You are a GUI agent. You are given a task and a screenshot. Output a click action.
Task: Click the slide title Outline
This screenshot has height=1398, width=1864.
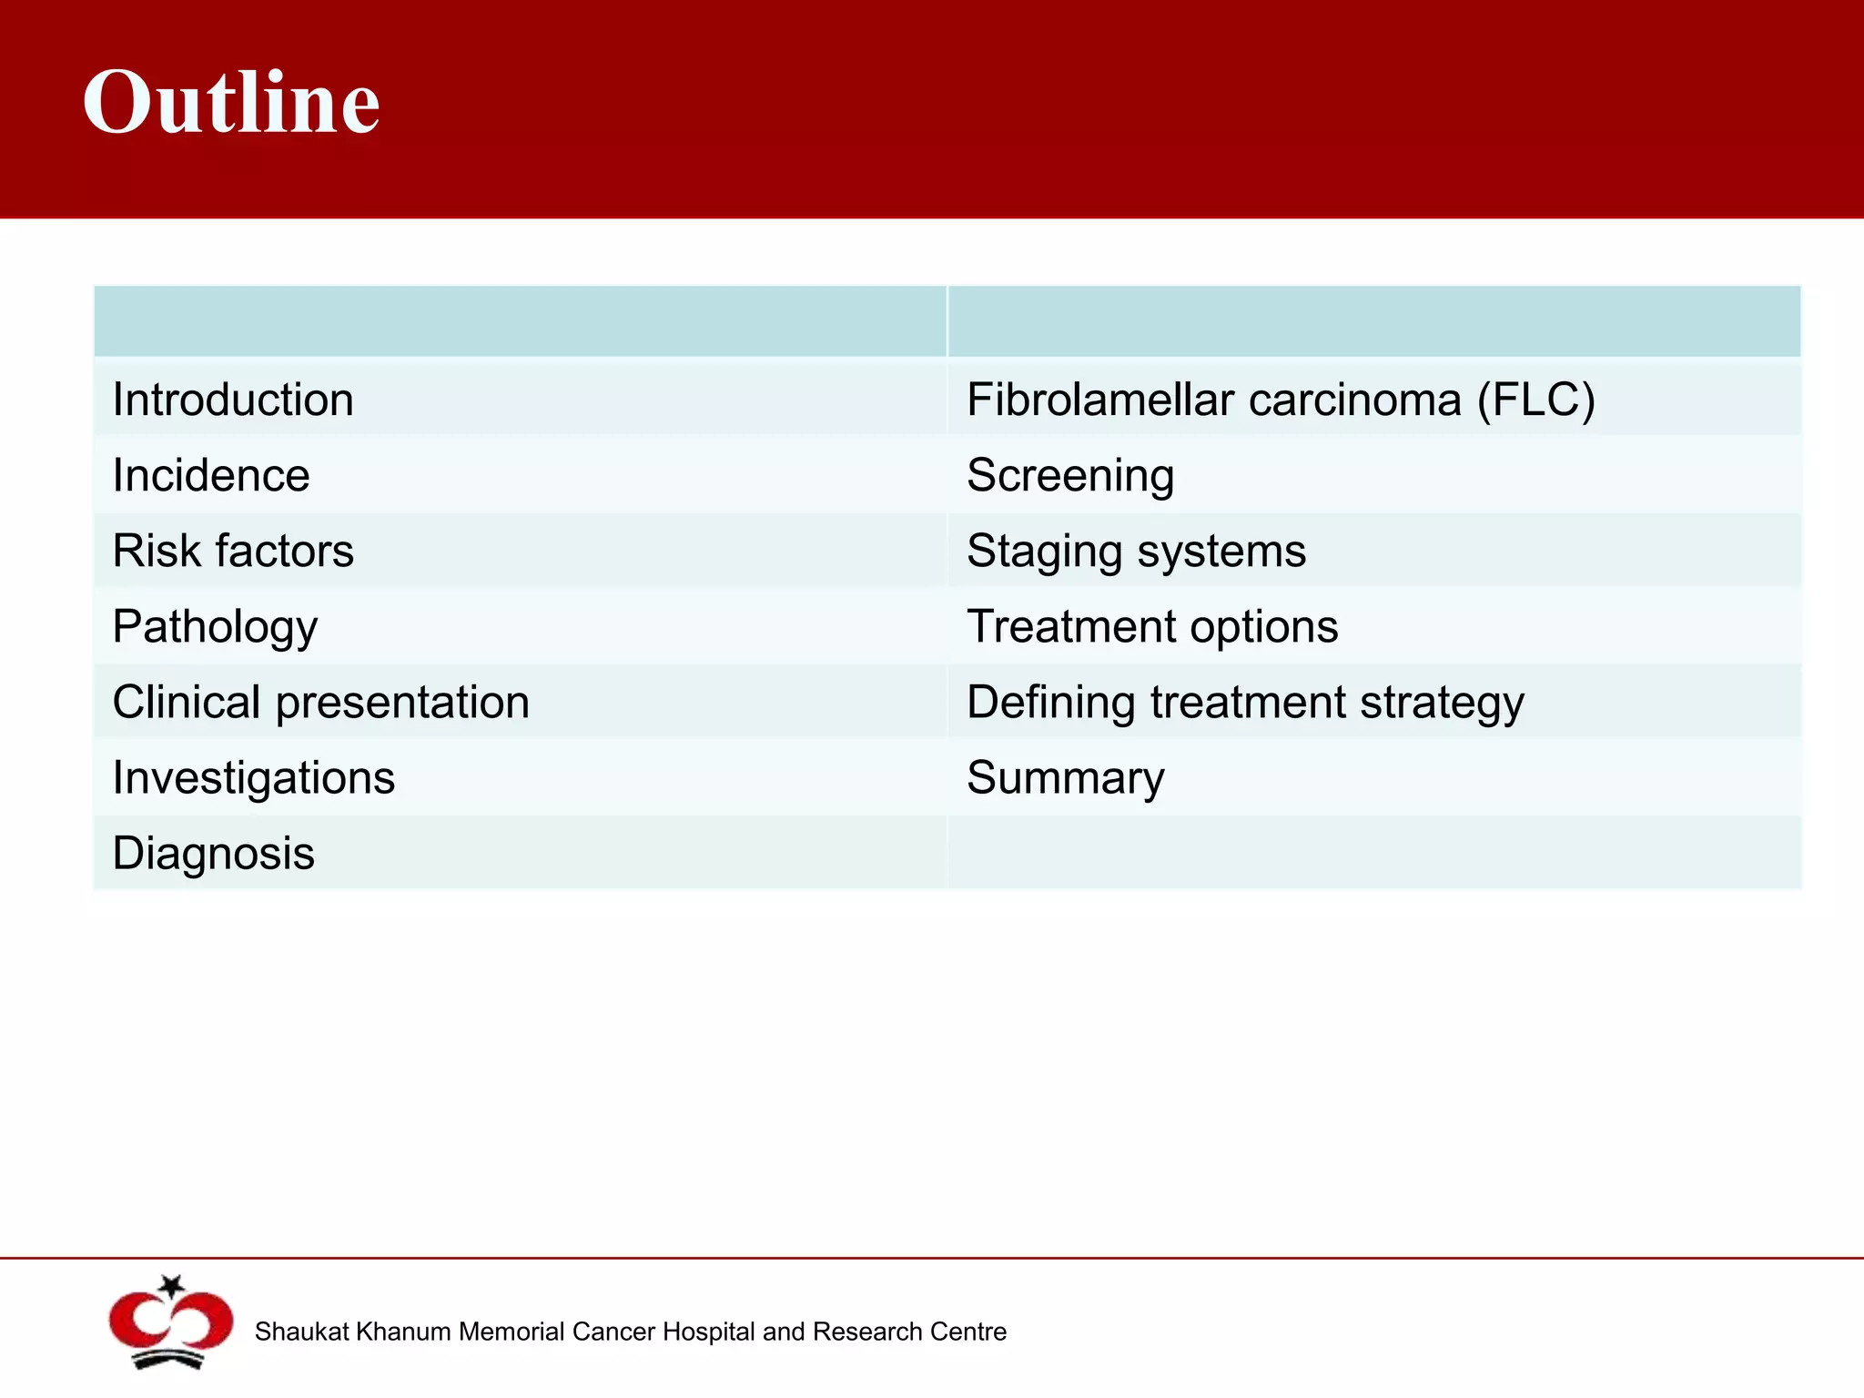(231, 102)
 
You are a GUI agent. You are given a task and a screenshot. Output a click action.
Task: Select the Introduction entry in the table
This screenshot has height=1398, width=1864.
(233, 400)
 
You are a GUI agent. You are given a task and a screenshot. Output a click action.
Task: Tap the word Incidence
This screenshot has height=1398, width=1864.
(211, 476)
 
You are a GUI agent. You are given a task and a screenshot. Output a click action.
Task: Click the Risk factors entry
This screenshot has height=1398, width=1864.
(233, 552)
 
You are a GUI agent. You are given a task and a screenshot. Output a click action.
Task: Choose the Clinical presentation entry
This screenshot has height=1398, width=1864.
(320, 703)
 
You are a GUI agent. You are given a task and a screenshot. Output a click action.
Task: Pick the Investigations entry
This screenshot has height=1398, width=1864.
(254, 778)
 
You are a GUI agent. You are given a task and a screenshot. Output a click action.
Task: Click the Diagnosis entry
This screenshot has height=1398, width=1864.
(214, 854)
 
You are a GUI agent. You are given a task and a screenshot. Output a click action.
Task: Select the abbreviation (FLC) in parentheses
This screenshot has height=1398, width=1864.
(1535, 400)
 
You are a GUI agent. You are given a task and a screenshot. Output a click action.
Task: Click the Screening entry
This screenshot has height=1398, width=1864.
(1070, 476)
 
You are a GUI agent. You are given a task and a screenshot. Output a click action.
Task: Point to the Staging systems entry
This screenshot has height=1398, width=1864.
(1136, 552)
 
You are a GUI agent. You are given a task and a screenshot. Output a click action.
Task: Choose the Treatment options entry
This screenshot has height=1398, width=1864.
(1152, 627)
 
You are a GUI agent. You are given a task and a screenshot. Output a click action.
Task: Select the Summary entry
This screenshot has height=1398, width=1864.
(1066, 778)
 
